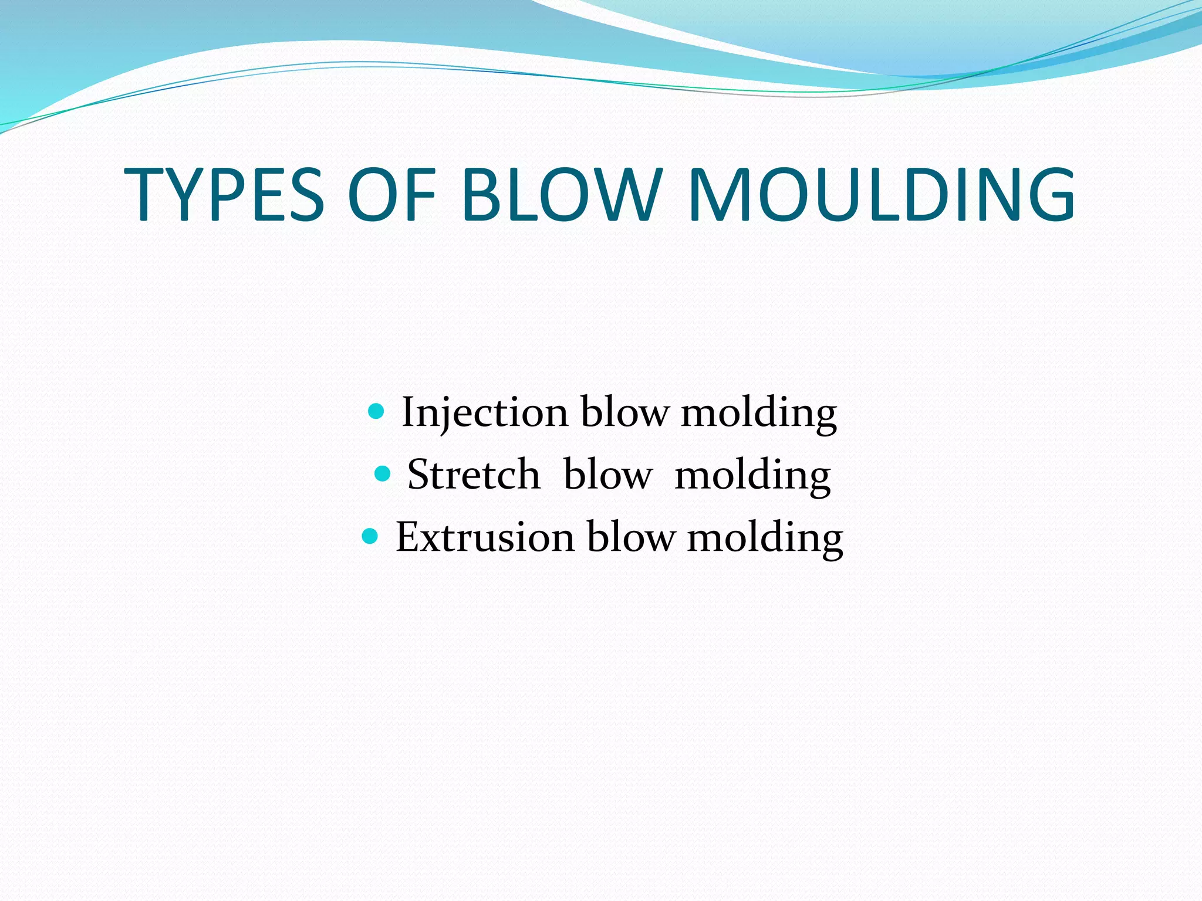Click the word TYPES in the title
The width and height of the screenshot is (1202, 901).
click(224, 195)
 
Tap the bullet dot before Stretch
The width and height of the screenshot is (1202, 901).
click(382, 473)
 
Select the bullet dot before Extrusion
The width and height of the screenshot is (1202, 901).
click(370, 536)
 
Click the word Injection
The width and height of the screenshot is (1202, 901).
click(485, 412)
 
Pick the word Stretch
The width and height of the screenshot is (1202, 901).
click(473, 475)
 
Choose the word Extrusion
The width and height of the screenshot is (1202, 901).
click(485, 537)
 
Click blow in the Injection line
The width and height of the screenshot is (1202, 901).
click(624, 412)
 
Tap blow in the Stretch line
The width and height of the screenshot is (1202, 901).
click(607, 474)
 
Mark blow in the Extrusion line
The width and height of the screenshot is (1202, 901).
click(631, 536)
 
